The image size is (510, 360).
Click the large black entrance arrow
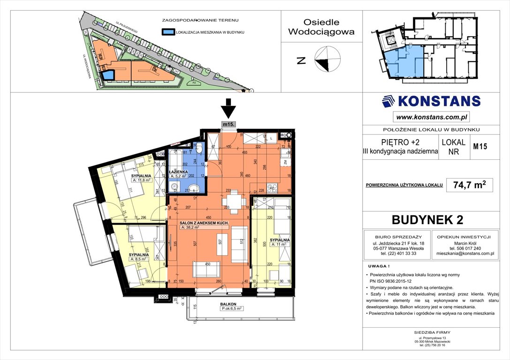click(228, 109)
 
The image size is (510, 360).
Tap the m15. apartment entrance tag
click(228, 124)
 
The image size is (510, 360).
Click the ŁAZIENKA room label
click(179, 172)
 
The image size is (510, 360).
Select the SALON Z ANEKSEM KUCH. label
click(204, 222)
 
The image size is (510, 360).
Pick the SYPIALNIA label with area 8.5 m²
click(139, 255)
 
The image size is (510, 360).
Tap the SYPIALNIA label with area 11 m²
click(280, 240)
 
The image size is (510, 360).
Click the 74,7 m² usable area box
click(469, 185)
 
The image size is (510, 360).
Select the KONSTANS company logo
click(431, 101)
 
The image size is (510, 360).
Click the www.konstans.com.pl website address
click(431, 116)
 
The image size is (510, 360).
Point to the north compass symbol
click(327, 60)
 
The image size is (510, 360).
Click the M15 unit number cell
click(480, 146)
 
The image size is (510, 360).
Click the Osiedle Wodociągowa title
click(321, 27)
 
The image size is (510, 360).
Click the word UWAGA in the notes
click(376, 265)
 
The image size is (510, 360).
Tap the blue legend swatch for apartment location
click(167, 32)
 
